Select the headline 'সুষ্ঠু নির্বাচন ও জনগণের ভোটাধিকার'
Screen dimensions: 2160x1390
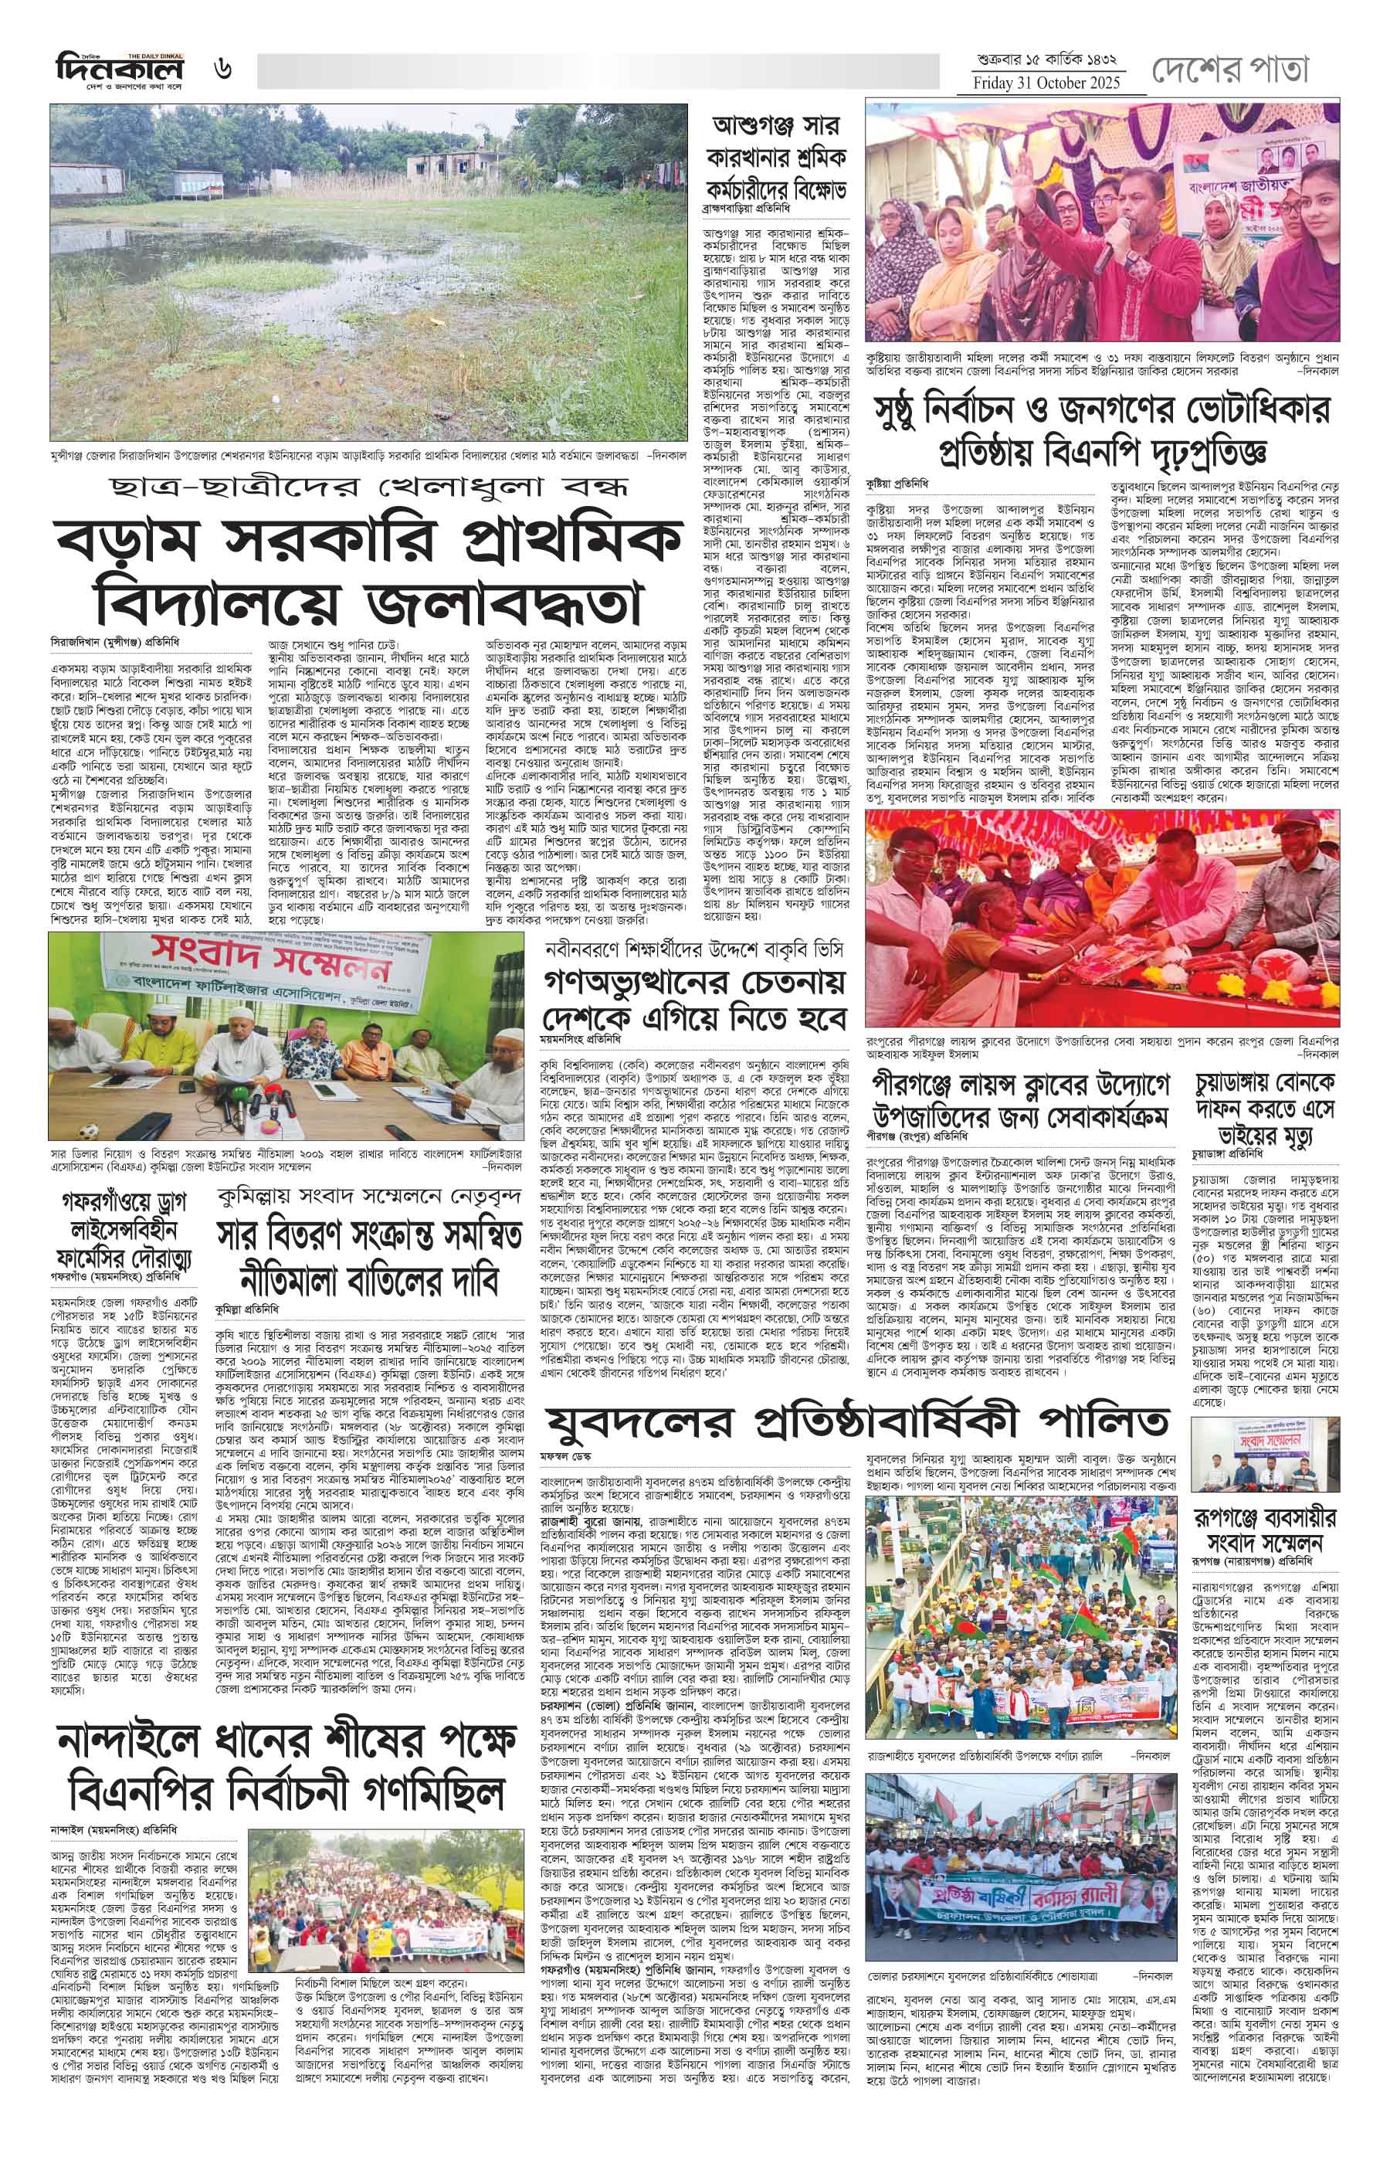coord(1102,411)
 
